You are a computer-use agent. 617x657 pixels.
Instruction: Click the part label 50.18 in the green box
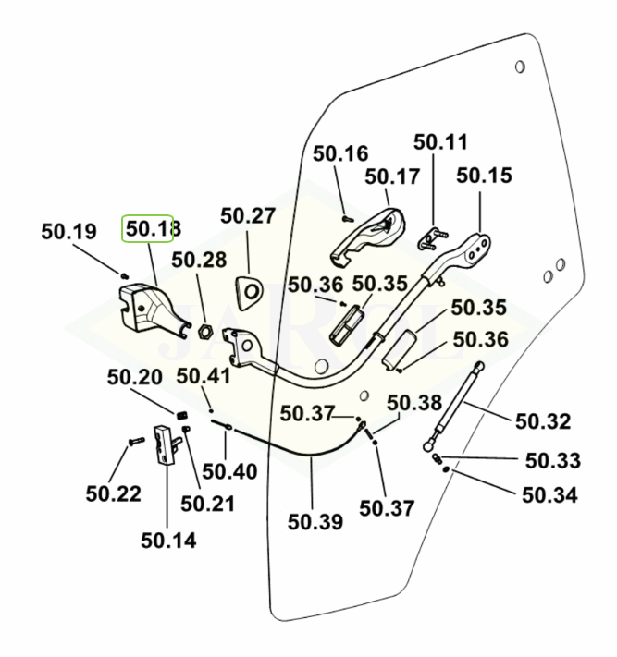pyautogui.click(x=148, y=228)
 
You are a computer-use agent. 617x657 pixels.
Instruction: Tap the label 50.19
pyautogui.click(x=68, y=232)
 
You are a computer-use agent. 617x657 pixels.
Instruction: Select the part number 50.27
pyautogui.click(x=248, y=216)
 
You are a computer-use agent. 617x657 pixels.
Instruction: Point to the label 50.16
pyautogui.click(x=340, y=153)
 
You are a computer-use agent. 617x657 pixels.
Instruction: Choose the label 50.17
pyautogui.click(x=392, y=176)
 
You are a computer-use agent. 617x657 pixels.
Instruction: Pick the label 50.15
pyautogui.click(x=484, y=175)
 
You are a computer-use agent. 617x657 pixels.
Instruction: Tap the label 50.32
pyautogui.click(x=542, y=421)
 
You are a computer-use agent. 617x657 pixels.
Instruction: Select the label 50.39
pyautogui.click(x=315, y=521)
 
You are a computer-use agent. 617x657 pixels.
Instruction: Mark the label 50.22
pyautogui.click(x=114, y=494)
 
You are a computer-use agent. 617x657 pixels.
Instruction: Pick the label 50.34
pyautogui.click(x=549, y=494)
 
